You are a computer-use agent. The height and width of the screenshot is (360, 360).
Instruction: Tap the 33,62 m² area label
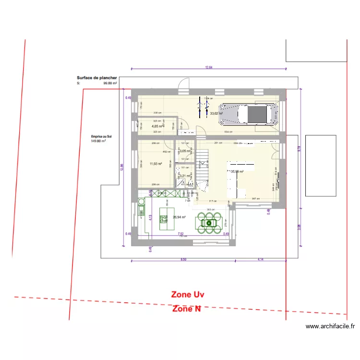tap(216, 114)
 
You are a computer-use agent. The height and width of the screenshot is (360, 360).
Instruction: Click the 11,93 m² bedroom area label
tap(156, 164)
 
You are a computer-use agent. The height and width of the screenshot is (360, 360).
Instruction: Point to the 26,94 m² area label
tap(179, 216)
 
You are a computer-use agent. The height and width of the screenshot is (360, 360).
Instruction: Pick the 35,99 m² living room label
tap(237, 171)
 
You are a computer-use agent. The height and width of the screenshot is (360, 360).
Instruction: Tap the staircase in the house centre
tap(203, 166)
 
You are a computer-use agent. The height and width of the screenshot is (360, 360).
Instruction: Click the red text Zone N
tap(187, 309)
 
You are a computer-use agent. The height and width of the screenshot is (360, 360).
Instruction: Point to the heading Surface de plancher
tap(96, 77)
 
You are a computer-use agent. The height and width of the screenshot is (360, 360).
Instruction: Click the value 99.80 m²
tap(110, 83)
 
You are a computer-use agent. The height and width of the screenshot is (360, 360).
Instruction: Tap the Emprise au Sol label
tap(101, 136)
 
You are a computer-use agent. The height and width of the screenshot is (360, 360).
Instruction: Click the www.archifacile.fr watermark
tap(330, 326)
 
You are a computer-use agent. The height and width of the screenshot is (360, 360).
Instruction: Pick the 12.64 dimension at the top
tap(209, 68)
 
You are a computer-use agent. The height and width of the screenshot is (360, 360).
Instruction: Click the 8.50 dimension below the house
tap(183, 259)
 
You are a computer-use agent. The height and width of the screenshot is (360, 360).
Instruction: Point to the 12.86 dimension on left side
tap(121, 166)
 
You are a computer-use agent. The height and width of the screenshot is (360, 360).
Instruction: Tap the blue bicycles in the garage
tap(200, 108)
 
